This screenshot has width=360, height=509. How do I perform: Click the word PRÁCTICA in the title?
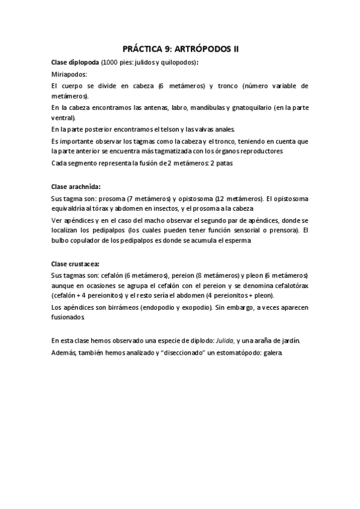point(139,49)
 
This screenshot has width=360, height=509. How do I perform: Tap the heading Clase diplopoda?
point(75,62)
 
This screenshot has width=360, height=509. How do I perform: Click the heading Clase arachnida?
point(76,187)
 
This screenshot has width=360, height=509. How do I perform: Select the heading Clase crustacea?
point(76,264)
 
